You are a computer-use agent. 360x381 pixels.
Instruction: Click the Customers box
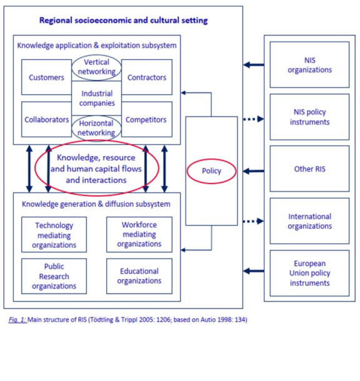(46, 77)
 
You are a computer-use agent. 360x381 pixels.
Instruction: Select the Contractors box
(147, 77)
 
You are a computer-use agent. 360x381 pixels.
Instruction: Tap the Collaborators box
(46, 119)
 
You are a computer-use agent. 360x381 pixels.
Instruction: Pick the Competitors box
(147, 119)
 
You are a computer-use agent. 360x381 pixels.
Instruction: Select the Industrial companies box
(96, 98)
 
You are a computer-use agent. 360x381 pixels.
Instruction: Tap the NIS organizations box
(309, 64)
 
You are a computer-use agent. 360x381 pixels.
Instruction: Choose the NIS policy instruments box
(309, 117)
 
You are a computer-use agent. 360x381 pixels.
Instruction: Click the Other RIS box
(309, 169)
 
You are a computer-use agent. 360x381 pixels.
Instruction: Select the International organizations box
(309, 221)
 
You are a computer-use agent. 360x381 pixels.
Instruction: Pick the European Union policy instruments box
(309, 273)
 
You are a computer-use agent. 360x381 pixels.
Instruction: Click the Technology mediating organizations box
(54, 234)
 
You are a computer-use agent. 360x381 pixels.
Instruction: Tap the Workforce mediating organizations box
(139, 234)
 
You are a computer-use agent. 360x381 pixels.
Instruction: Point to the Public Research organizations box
(54, 276)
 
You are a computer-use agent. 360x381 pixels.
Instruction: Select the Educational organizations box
(139, 276)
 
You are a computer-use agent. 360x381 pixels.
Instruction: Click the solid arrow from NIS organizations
(254, 64)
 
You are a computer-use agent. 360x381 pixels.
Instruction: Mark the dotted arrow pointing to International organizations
(254, 221)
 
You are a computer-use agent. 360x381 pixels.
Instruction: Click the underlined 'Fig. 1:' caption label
(17, 320)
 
